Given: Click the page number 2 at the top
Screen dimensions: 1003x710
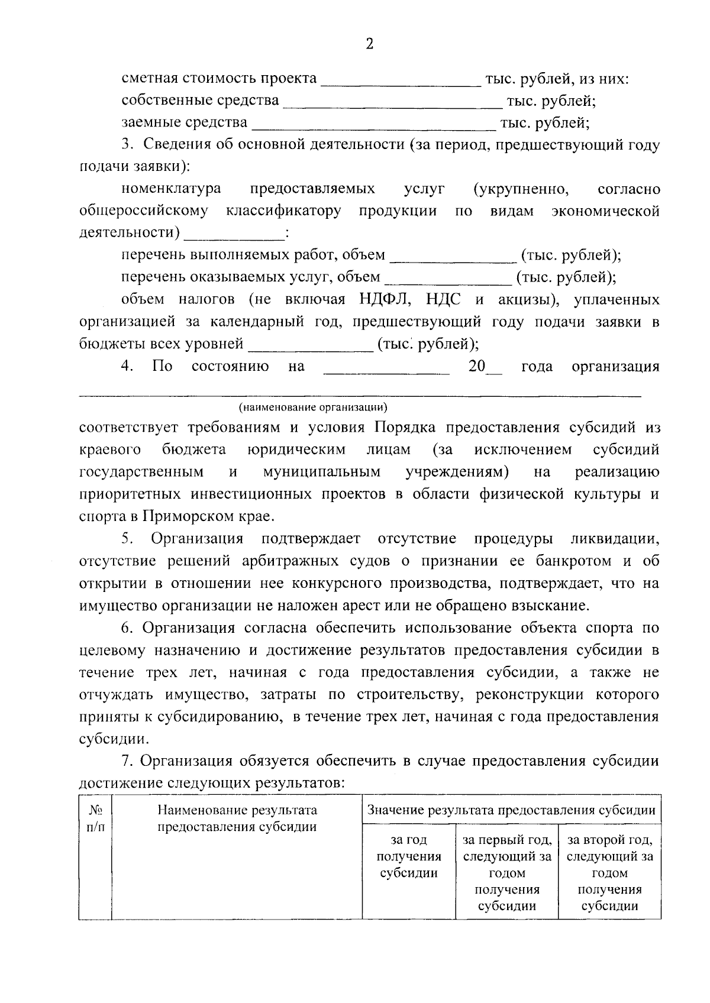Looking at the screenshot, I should pos(369,44).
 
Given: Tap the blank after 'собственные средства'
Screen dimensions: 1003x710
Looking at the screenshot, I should pos(392,105).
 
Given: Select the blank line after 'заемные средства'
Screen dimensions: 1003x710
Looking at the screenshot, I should pos(374,127).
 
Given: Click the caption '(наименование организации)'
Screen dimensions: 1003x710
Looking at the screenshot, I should pos(313,407).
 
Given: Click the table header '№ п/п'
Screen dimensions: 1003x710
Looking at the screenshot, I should pos(95,818).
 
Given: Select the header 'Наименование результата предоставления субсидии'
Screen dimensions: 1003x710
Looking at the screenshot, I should pos(237,818).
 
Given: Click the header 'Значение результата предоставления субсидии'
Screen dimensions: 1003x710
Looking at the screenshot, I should pos(511,810).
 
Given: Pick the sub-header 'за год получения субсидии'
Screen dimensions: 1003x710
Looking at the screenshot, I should pos(409,856).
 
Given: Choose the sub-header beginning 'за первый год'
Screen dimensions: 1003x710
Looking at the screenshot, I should pos(507,872).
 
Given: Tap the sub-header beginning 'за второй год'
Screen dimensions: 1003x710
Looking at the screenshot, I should pos(609,872).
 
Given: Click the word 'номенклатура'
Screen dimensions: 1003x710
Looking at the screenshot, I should pos(172,189).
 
